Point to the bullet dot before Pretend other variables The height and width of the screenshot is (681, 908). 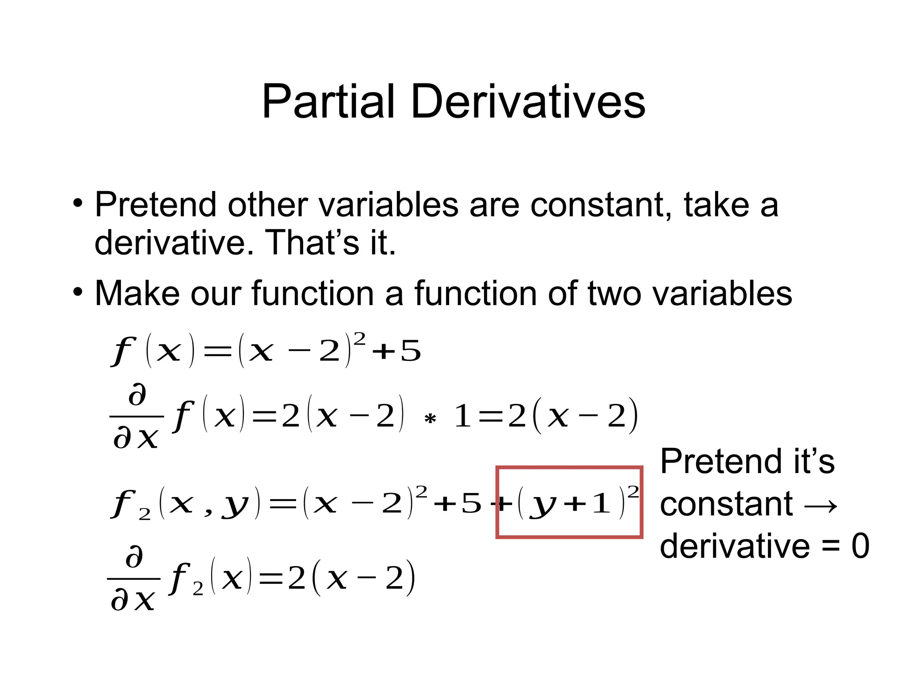(x=78, y=204)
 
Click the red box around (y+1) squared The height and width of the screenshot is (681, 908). (x=569, y=468)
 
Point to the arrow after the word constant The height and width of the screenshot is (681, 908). (x=820, y=505)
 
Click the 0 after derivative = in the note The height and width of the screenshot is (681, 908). (x=860, y=546)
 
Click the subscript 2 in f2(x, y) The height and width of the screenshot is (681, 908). (x=145, y=514)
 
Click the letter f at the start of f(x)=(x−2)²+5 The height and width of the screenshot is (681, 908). (x=123, y=351)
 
